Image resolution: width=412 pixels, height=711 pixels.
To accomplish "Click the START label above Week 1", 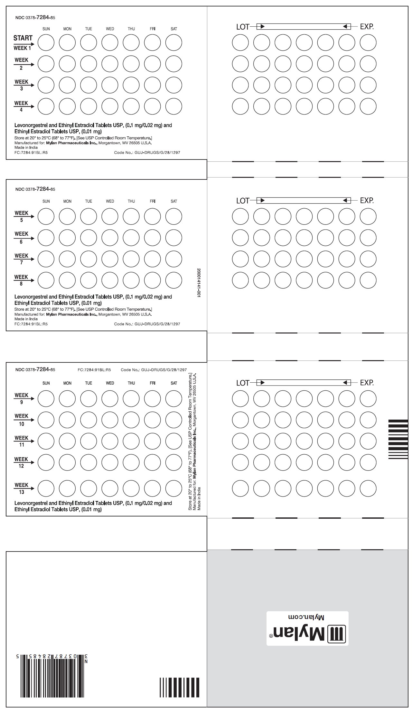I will pos(23,38).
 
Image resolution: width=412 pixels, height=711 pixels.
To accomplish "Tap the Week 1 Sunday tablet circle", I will pos(46,42).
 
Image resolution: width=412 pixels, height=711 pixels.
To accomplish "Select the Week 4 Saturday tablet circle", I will pos(174,106).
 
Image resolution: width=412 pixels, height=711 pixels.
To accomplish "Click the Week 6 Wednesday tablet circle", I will pos(110,238).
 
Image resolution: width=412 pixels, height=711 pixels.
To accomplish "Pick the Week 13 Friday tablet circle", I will pos(153,488).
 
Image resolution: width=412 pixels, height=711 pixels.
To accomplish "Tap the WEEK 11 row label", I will pos(22,441).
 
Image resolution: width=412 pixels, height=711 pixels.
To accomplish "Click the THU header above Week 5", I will pos(131,201).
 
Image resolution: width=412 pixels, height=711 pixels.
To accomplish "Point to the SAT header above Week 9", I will pos(174,383).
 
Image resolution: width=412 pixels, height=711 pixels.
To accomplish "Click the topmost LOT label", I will pos(243,27).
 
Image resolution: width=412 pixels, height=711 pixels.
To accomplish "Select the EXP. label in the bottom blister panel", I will pos(367,383).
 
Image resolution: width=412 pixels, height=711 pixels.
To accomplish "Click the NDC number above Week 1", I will pos(35,18).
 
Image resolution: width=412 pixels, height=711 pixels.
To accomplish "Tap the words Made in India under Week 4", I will pos(26,148).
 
